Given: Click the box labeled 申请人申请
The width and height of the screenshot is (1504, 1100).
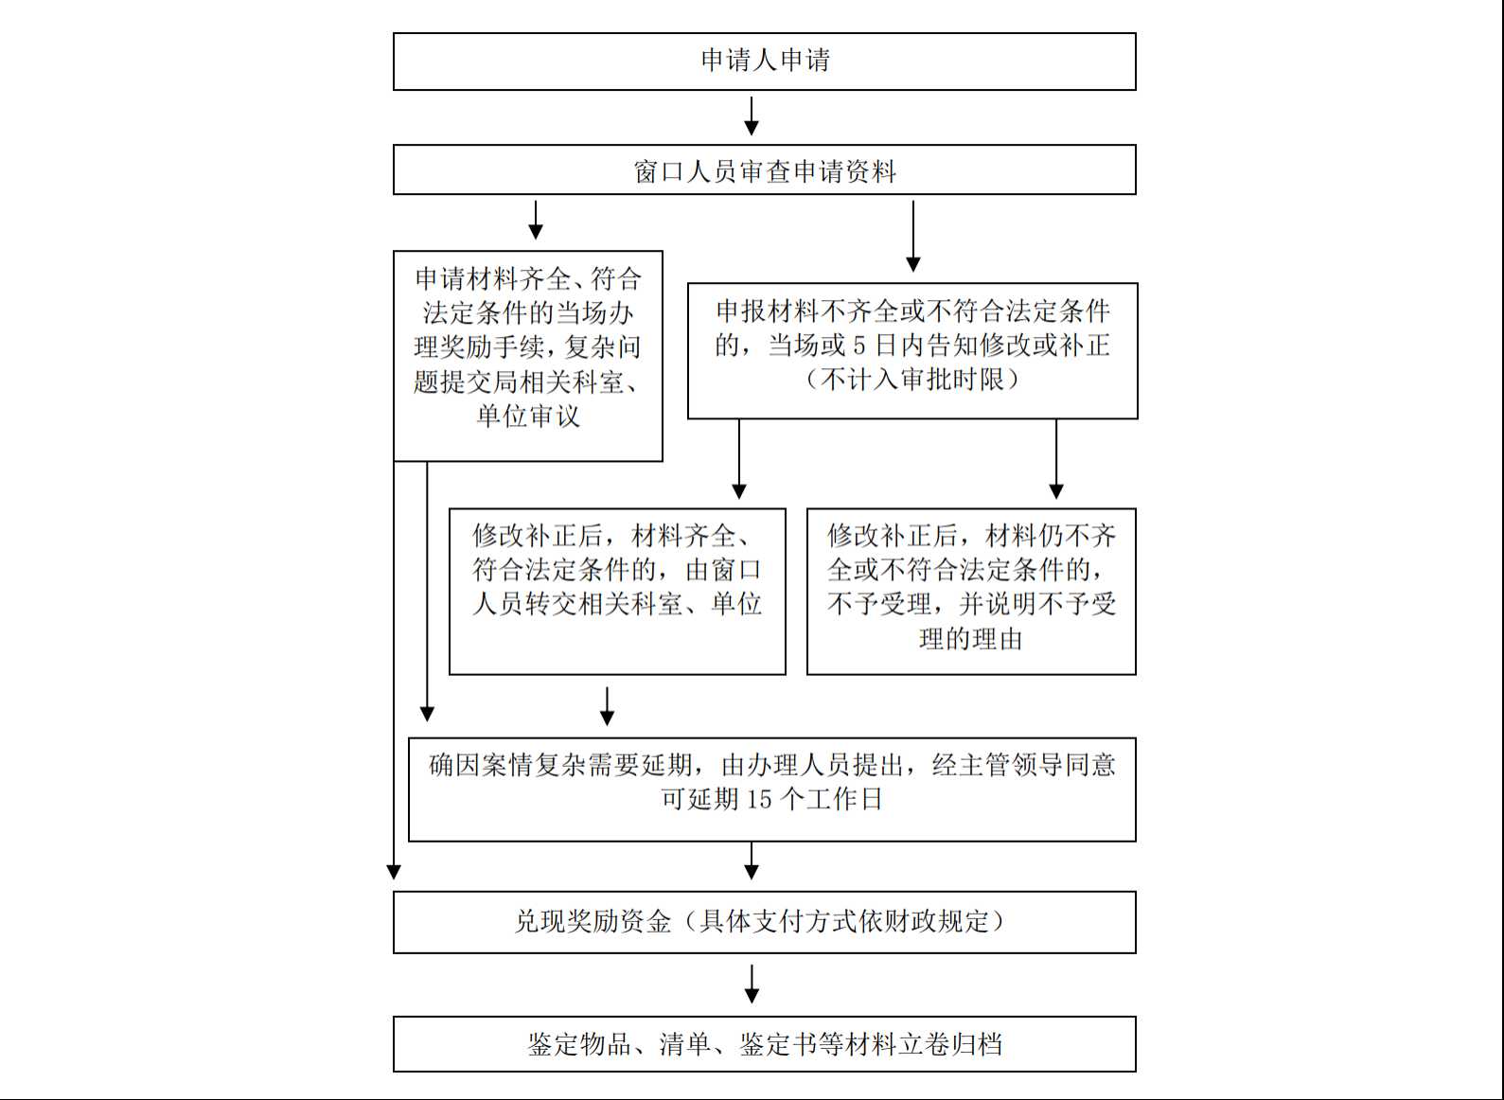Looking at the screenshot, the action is tap(764, 62).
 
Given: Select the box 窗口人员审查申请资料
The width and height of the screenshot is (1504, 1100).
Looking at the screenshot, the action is tap(764, 169).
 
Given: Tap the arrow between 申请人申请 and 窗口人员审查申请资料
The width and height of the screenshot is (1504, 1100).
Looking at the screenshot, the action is tap(752, 116).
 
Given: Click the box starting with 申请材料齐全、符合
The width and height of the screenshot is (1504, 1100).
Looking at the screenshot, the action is tap(528, 356).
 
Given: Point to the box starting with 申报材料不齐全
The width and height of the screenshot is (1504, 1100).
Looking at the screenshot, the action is tap(912, 350).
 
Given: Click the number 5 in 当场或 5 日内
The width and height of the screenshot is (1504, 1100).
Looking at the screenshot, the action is tap(858, 346).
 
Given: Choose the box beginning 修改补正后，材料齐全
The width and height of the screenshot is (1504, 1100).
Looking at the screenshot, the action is tap(617, 591).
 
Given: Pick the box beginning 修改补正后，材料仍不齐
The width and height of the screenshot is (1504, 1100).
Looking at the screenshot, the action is tap(971, 591).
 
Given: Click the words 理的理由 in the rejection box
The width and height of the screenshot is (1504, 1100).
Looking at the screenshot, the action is tap(971, 639).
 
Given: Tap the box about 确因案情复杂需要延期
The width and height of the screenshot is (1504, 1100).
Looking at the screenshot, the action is tap(772, 790).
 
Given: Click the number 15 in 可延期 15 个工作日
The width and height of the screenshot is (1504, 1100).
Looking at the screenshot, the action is tap(759, 799).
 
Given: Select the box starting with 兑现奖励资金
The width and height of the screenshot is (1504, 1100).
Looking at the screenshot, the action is tap(764, 922).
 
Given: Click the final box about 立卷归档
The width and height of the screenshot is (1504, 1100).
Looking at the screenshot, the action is tap(764, 1043).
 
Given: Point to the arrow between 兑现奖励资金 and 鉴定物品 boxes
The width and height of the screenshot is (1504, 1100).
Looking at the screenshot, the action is tap(752, 985).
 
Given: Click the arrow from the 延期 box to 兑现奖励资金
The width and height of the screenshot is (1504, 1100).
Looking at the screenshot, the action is tap(752, 860).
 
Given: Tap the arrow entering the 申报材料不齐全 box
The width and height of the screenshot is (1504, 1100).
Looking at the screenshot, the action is tap(913, 236).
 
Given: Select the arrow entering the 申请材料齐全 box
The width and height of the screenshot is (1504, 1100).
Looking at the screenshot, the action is tap(535, 220).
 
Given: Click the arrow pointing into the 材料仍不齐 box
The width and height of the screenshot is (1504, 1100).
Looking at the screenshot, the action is tap(1056, 459).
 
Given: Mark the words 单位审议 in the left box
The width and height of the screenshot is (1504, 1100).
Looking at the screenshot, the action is tap(528, 417).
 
